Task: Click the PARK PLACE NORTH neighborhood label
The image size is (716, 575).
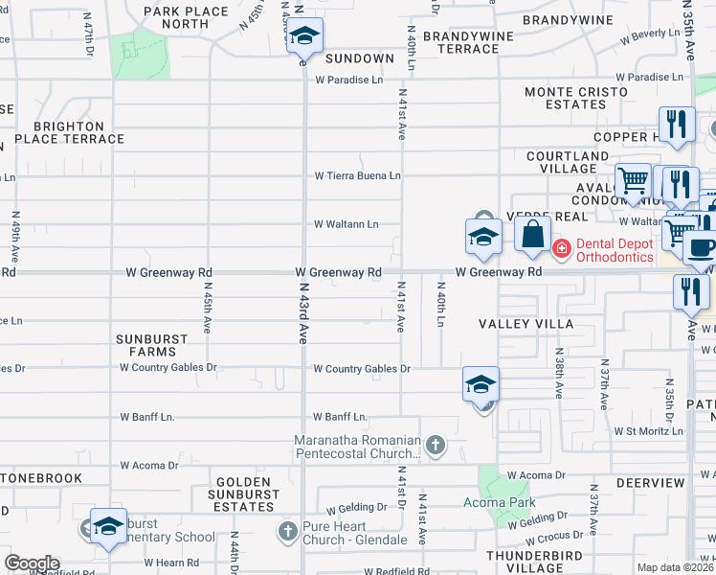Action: point(186,17)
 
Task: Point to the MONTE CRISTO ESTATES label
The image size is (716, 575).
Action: point(575,99)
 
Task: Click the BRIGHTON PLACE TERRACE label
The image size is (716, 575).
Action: point(67,132)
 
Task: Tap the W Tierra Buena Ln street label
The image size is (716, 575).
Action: point(358,176)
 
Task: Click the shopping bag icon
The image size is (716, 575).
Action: point(532,234)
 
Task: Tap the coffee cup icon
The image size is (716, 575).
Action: point(701,246)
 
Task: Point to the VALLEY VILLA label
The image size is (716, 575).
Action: point(526,324)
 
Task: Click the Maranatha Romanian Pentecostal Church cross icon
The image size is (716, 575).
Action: point(436,445)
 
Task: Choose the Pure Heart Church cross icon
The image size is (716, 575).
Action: point(287,530)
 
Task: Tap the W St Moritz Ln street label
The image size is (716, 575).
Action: point(648,431)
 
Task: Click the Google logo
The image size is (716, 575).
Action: point(31,563)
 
